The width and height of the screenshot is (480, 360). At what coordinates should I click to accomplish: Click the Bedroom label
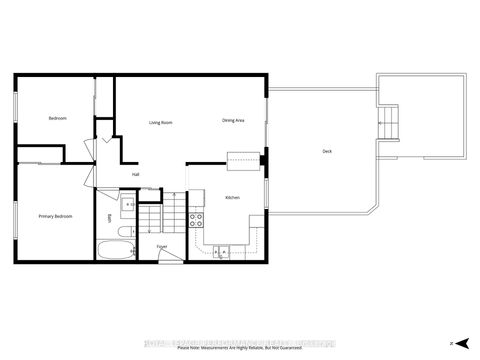57,118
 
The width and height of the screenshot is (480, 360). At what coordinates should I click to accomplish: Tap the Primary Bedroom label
54,217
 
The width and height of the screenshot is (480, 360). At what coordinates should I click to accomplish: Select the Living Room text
161,122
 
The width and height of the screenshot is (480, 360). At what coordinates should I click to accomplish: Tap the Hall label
135,174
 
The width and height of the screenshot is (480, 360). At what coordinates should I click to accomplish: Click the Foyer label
162,246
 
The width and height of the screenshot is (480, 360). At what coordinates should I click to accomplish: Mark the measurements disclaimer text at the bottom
239,349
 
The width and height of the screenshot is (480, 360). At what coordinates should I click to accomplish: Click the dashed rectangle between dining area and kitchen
243,156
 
